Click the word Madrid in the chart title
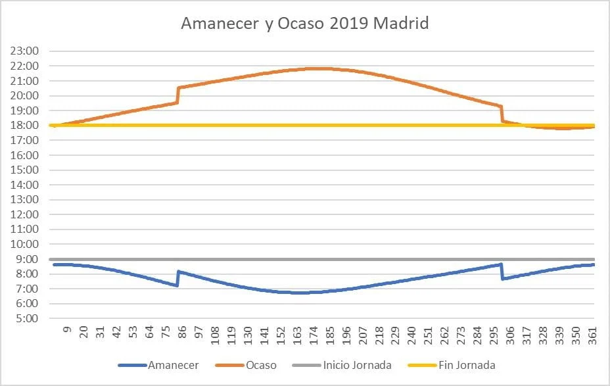point(401,24)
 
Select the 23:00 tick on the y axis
point(24,51)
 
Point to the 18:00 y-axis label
point(24,126)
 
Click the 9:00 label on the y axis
point(27,259)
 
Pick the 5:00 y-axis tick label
point(27,318)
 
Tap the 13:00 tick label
point(24,200)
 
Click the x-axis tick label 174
point(314,335)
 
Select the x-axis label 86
point(182,333)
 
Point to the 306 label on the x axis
point(510,335)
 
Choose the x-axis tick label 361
point(592,335)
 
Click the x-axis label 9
point(67,329)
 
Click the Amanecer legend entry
point(158,366)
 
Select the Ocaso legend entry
point(246,366)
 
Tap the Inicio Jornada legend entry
point(342,366)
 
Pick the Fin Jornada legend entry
point(452,366)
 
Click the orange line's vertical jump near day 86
point(177,95)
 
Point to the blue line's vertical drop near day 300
point(502,272)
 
